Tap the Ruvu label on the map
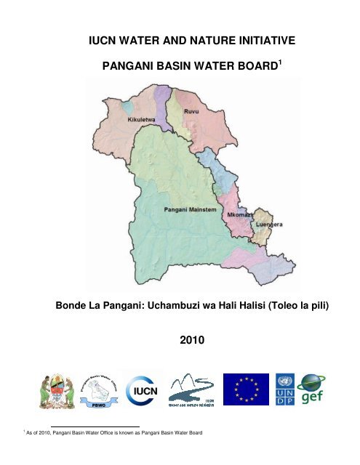tap(191, 113)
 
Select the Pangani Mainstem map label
tap(188, 209)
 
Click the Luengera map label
tap(269, 225)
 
